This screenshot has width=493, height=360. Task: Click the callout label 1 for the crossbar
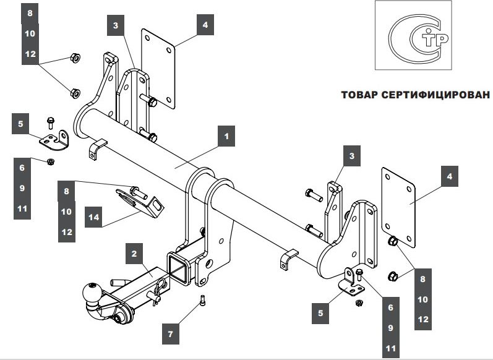pos(226,135)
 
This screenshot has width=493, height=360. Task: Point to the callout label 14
pos(94,217)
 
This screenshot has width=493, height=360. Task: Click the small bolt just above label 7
pos(202,301)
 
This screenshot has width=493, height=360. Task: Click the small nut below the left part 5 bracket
pos(51,162)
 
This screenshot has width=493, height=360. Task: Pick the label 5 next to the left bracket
pos(22,124)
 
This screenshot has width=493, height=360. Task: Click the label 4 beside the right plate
pos(449,176)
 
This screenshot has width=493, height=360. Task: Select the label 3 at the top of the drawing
pos(116,25)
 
